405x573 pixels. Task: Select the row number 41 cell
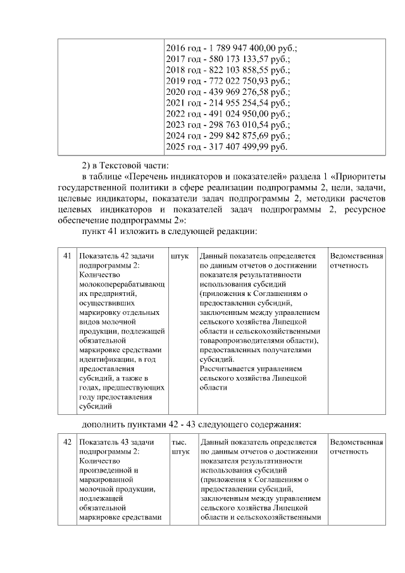[67, 256]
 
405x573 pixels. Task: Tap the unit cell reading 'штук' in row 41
[180, 256]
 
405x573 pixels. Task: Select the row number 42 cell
[67, 442]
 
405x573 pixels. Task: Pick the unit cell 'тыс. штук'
[180, 447]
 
